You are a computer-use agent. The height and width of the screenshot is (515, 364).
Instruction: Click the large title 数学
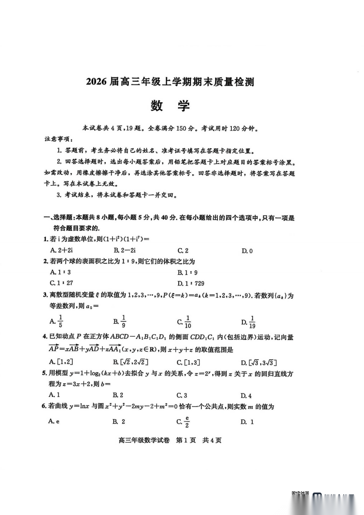[170, 106]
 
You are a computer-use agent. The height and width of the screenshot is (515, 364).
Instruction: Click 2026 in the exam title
[96, 82]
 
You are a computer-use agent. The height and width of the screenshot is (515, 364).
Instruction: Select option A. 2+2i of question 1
[61, 250]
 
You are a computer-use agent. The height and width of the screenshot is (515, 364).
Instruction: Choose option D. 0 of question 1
[247, 251]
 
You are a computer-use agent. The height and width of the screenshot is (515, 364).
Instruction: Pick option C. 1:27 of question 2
[61, 283]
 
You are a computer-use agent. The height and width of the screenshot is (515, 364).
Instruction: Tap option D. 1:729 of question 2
[191, 283]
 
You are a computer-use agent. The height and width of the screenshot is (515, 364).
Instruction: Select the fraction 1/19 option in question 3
[249, 322]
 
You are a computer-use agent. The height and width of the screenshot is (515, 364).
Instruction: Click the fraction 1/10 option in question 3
[184, 322]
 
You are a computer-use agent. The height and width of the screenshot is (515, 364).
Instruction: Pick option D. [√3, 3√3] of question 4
[259, 363]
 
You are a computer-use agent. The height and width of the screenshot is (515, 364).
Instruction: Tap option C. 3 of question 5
[182, 395]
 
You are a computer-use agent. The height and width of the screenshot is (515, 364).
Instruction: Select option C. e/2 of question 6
[183, 422]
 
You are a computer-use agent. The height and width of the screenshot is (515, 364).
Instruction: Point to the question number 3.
[45, 295]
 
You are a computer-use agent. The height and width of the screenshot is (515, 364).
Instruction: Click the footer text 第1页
[186, 440]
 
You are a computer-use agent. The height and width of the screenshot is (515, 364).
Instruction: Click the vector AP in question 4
[54, 349]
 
